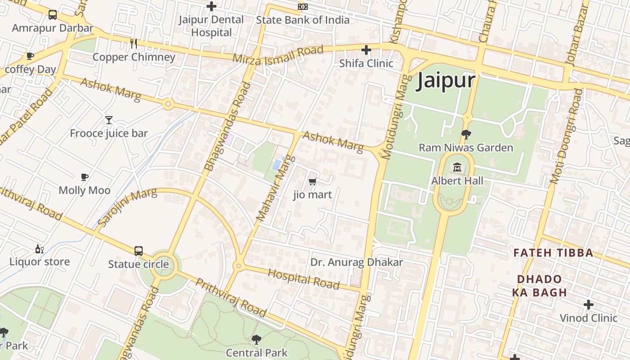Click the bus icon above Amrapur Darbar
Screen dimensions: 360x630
tap(53, 15)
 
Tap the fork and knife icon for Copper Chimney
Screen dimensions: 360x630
tap(133, 43)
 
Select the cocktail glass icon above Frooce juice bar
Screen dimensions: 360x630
tap(108, 120)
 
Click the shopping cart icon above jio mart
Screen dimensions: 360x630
tap(312, 181)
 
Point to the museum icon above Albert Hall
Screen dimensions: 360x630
tap(458, 167)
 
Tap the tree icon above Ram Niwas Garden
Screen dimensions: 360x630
tap(466, 134)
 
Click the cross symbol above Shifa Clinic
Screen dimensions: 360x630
tap(366, 49)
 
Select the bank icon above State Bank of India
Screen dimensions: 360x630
tap(303, 6)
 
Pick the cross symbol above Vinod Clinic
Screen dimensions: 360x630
tap(588, 305)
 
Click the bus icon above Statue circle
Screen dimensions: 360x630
tap(139, 251)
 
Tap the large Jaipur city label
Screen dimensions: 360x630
tap(445, 81)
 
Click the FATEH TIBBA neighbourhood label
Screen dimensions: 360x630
tap(553, 253)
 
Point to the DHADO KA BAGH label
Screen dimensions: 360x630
tap(539, 286)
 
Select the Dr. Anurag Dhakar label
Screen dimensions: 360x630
tap(356, 262)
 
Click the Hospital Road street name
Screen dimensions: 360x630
tap(303, 279)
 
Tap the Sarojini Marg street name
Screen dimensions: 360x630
tap(127, 207)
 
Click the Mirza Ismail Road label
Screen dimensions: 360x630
tap(278, 54)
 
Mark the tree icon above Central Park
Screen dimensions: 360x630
tap(256, 340)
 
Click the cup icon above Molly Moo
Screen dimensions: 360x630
tap(85, 177)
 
